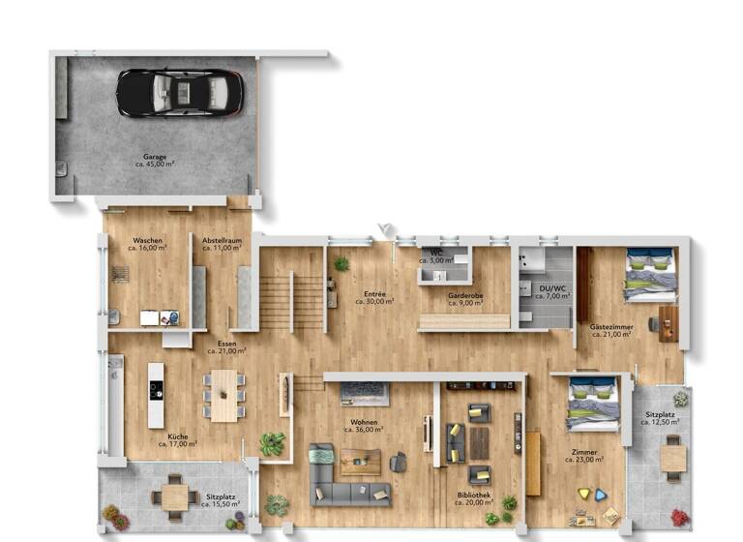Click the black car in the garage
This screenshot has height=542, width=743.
(179, 92)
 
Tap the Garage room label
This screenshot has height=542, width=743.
(155, 157)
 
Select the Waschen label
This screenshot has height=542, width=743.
(147, 240)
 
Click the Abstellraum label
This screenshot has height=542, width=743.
(221, 240)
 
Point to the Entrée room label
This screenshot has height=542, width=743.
(374, 294)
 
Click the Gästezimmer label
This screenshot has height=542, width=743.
(611, 327)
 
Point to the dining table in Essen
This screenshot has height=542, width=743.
(224, 395)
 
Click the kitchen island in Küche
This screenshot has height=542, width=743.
(156, 395)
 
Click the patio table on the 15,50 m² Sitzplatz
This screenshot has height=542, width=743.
(174, 496)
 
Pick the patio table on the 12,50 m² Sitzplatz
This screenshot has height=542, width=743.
(673, 457)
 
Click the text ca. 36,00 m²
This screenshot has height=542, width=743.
(364, 430)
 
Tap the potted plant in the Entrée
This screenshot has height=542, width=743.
(341, 263)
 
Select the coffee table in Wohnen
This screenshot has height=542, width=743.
(360, 462)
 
